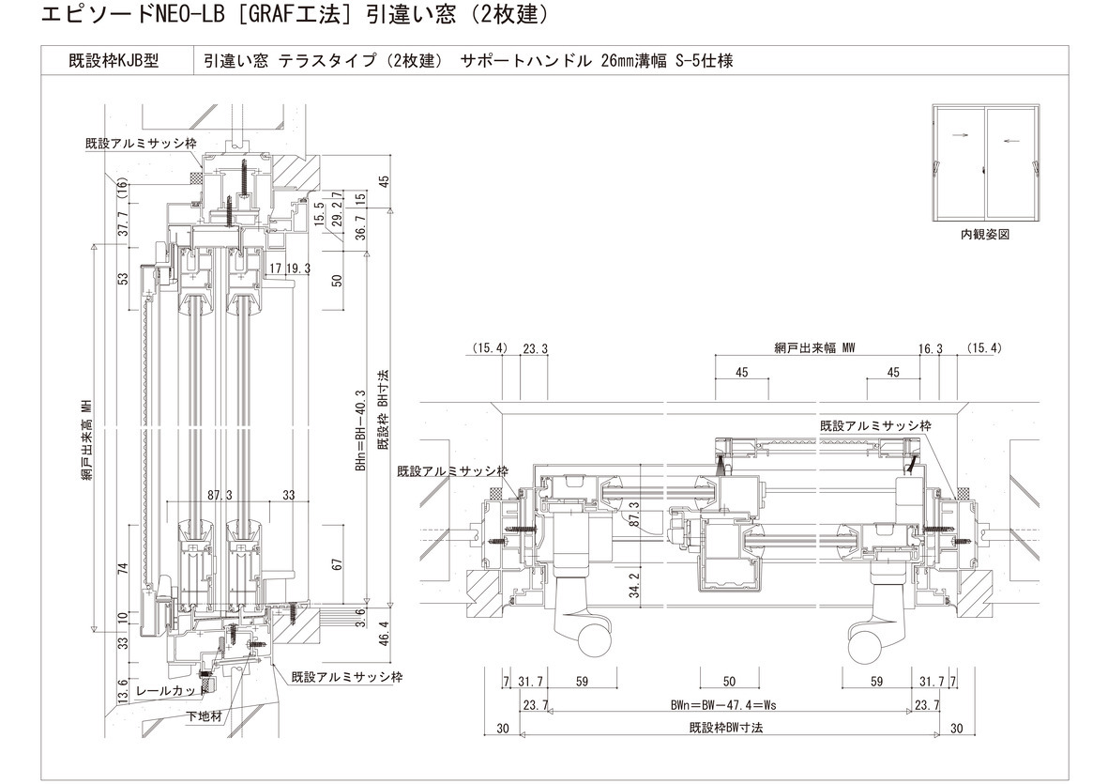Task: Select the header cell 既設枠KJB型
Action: click(x=114, y=61)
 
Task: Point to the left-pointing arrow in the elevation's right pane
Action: click(x=1010, y=142)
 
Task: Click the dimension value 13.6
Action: click(x=123, y=691)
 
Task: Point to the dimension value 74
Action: click(x=123, y=569)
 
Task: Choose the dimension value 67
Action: click(x=338, y=563)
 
